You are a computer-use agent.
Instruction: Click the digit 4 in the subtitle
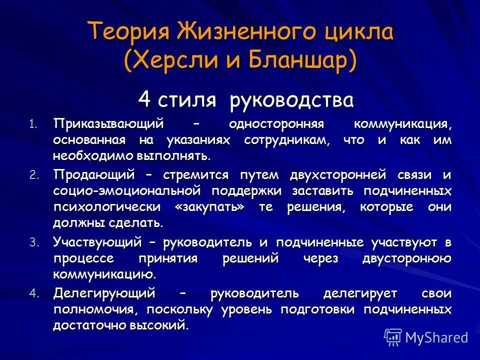[x=144, y=99]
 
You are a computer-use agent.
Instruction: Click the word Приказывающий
[x=109, y=123]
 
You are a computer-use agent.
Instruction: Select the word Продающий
[x=95, y=175]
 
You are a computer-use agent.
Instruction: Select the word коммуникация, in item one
[x=402, y=123]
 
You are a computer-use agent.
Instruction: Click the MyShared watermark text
[x=436, y=337]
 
